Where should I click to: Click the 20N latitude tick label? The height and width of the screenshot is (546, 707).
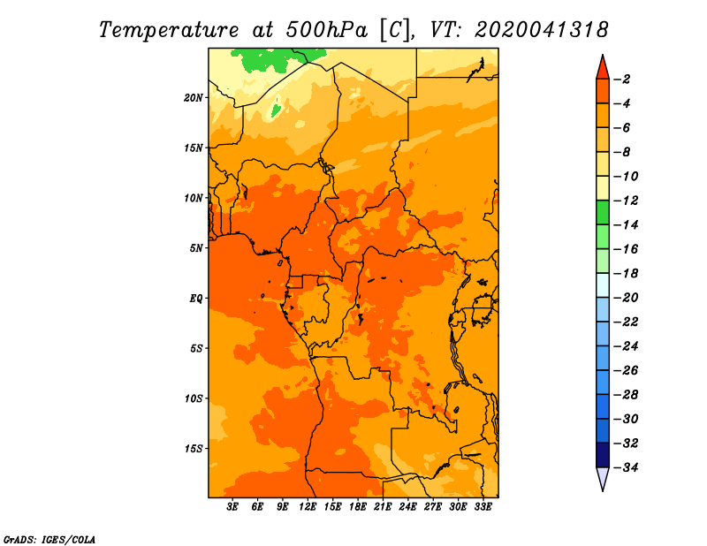coord(193,98)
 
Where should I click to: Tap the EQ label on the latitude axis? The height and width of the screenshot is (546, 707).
coord(196,299)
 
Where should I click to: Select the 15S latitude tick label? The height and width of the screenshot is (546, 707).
coord(193,449)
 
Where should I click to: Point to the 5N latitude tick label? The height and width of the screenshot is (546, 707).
coord(196,248)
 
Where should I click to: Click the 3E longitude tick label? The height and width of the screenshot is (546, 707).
coord(232,506)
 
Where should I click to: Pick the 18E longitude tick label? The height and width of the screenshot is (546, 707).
coord(358,506)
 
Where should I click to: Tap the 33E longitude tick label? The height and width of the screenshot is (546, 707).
coord(483,506)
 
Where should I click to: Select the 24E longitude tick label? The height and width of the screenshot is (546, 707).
coord(407,506)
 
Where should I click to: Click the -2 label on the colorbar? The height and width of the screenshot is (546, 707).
coord(622,80)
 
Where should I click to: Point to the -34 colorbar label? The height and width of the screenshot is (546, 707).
coord(626,467)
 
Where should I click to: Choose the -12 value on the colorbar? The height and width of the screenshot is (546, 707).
coord(626,201)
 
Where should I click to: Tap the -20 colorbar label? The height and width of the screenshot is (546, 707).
coord(626,298)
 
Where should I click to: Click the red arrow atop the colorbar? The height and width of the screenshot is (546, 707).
coord(603,68)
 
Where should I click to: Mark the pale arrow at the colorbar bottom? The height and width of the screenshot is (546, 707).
coord(603,478)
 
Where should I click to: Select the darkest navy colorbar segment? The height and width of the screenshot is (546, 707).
coord(603,455)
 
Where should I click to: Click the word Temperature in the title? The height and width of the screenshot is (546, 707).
coord(169,30)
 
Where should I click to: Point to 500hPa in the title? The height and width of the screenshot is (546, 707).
coord(326,30)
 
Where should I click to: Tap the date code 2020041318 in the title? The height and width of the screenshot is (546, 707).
coord(542,30)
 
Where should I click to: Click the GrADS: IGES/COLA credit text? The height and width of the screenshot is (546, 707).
coord(49,540)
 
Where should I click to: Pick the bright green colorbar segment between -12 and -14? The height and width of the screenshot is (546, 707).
coord(603,212)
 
